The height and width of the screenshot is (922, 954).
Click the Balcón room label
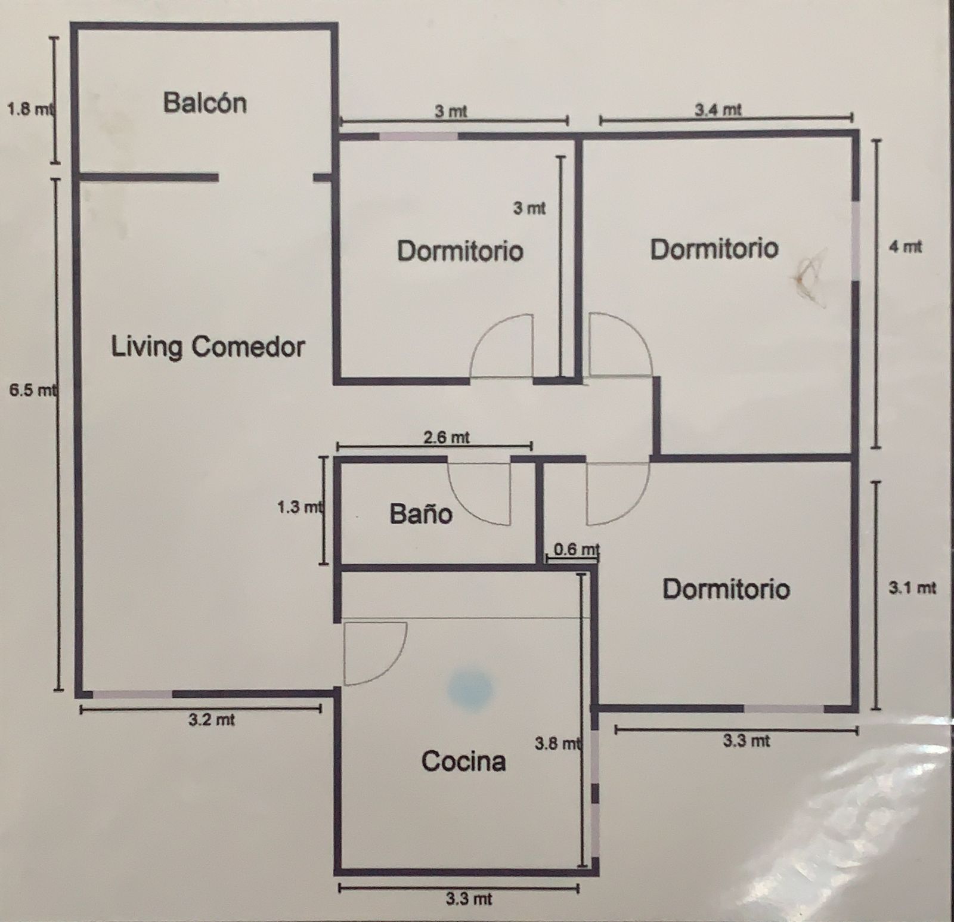[x=205, y=103]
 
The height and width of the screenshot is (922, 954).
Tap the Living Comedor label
[x=208, y=346]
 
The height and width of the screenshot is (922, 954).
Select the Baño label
[x=421, y=513]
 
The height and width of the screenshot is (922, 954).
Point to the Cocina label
[x=463, y=761]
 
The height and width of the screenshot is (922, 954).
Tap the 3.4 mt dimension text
[x=718, y=110]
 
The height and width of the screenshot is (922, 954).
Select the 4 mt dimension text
[x=906, y=246]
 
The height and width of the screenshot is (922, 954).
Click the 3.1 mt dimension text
[x=912, y=588]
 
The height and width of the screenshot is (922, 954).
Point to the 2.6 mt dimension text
[x=447, y=437]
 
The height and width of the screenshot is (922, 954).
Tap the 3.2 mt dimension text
[x=212, y=720]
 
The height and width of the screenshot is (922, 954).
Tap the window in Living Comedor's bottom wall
[x=133, y=694]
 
